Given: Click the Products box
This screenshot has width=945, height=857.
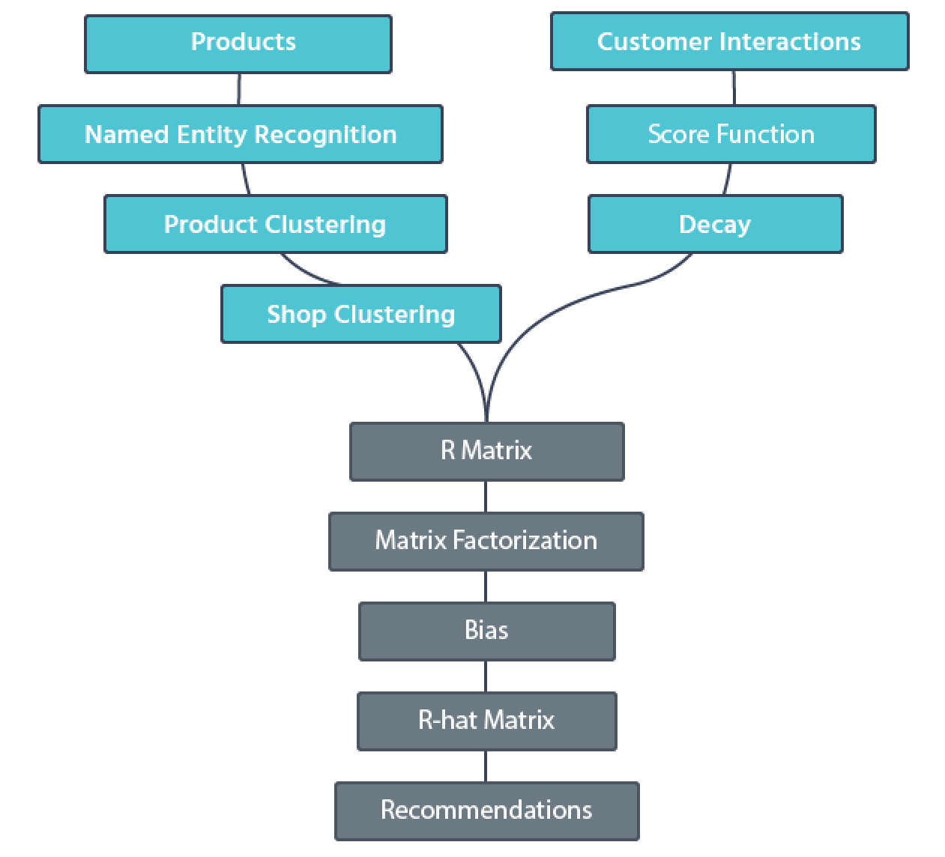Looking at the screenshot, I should (238, 44).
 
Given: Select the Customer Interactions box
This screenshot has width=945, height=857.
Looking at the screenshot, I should (728, 42).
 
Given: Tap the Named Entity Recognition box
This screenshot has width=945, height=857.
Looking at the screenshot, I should (240, 135).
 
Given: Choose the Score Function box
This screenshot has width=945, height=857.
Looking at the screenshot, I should (731, 135).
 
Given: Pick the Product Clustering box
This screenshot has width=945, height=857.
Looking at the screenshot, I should (275, 225).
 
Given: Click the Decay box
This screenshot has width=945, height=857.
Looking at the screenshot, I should (715, 225).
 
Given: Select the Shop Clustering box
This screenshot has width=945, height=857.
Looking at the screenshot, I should (360, 315).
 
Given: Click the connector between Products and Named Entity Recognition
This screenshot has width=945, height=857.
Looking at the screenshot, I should (239, 89).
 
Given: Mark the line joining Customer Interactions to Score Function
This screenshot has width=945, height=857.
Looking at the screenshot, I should (734, 88).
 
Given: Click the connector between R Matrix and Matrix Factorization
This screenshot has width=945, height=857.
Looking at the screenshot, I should (486, 497).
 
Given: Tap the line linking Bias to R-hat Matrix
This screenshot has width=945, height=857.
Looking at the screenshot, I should (486, 676).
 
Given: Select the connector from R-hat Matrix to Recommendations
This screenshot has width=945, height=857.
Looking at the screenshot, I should (486, 766).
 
